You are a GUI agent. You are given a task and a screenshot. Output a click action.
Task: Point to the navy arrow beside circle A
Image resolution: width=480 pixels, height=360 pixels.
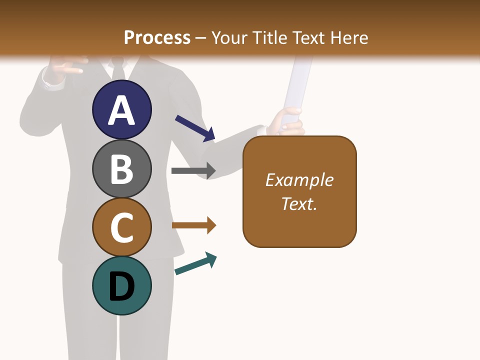[x=195, y=128]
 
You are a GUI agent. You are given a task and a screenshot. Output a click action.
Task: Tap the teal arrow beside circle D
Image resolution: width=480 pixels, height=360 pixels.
[x=195, y=263]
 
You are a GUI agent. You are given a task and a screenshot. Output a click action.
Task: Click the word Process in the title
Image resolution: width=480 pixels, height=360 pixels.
[x=157, y=37]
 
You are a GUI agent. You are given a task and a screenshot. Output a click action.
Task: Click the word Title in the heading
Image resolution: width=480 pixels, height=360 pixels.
[x=270, y=37]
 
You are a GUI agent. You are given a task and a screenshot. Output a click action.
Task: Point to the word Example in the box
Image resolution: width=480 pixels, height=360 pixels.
[x=299, y=180]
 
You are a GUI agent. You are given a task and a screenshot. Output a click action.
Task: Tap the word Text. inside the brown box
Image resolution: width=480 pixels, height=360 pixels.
[x=299, y=203]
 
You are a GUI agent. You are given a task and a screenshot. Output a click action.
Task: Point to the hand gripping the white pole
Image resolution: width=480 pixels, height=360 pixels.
[x=287, y=123]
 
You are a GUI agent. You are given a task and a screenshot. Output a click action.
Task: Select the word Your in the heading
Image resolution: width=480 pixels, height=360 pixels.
[x=229, y=37]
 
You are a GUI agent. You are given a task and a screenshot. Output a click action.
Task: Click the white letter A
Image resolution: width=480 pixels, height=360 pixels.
[x=121, y=111]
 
